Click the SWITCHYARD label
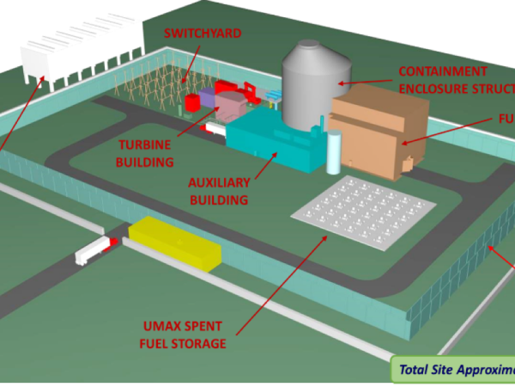point(203,34)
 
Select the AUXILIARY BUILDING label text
point(219,191)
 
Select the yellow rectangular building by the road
point(174,243)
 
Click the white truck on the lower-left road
point(94,250)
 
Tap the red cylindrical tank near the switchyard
point(193,101)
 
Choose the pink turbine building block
point(230,107)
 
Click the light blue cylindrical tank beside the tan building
point(334,150)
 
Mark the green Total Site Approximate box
point(453,370)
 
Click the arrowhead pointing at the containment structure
point(342,84)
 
